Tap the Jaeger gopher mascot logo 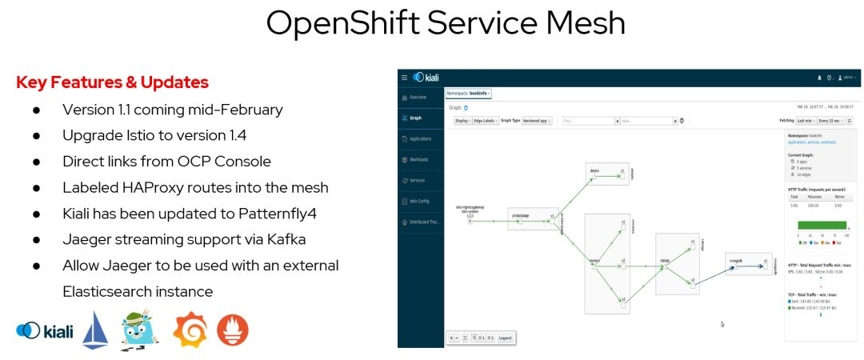point(140,330)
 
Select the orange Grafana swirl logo point(190,330)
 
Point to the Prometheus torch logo point(233,330)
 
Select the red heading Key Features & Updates point(112,82)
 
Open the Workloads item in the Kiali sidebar point(418,159)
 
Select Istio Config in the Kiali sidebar point(420,201)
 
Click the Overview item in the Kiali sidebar point(418,97)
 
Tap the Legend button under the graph point(506,338)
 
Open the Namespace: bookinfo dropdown point(469,93)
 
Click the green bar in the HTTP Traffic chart point(821,226)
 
